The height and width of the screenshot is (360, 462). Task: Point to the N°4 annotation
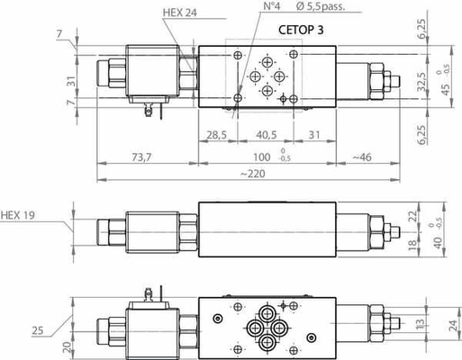tap(246, 6)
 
